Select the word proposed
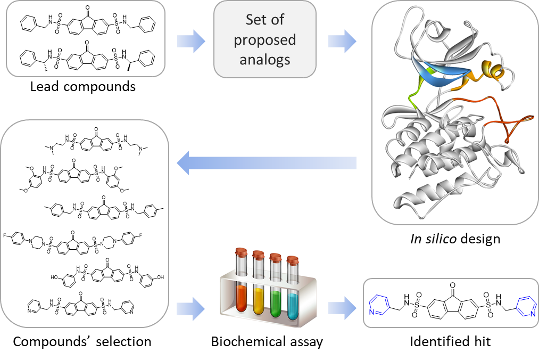[x=265, y=40]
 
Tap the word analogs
[x=265, y=59]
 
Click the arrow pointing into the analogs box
[x=191, y=41]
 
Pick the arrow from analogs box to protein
[x=342, y=41]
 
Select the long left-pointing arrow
[x=266, y=163]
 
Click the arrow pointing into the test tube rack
[x=191, y=308]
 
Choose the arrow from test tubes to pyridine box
[x=342, y=308]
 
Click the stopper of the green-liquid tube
[x=275, y=257]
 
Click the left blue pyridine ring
[x=380, y=305]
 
